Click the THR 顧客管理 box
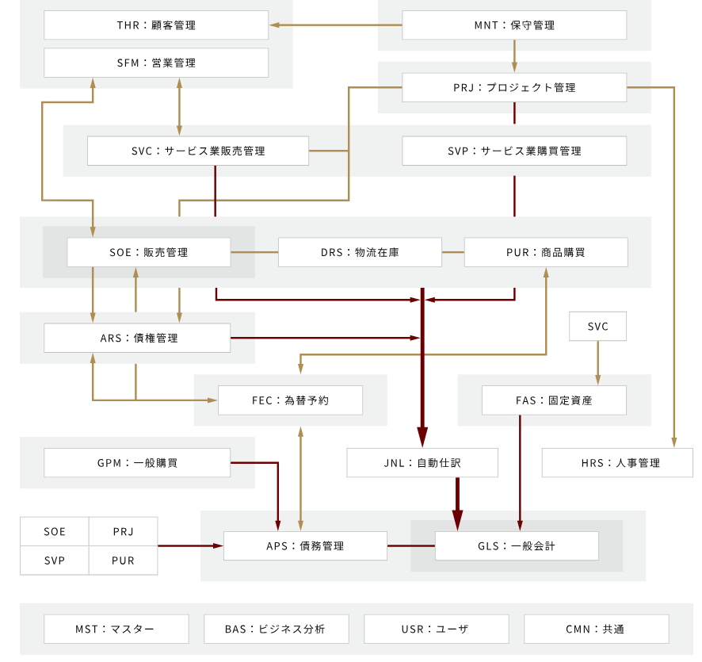point(156,25)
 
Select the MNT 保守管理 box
point(514,25)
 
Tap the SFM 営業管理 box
point(156,63)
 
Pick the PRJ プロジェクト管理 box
point(514,87)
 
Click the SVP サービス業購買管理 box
point(514,151)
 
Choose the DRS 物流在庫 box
point(360,252)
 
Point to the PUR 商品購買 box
point(546,252)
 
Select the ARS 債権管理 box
point(137,338)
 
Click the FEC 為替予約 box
point(290,400)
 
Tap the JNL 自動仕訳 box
point(422,463)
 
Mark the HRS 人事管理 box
point(617,463)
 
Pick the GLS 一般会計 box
point(517,546)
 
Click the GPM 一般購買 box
point(137,463)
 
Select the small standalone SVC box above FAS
point(597,326)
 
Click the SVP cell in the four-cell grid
point(55,561)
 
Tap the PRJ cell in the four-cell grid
point(123,532)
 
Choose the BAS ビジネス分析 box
point(277,629)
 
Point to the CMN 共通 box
point(597,629)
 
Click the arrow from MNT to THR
point(336,25)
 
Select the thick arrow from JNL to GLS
point(457,504)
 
